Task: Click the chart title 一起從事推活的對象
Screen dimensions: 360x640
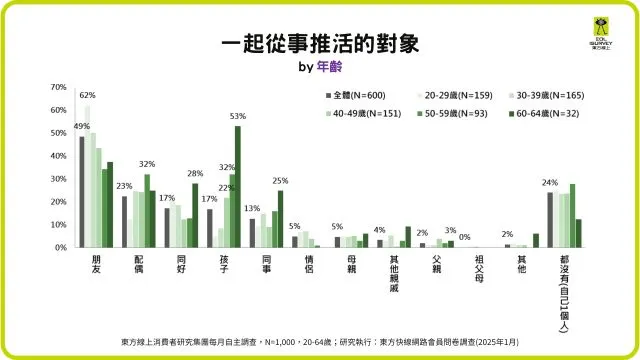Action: tap(319, 44)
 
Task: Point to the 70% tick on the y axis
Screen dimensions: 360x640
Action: tap(58, 87)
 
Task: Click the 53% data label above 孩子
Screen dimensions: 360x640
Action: tap(238, 116)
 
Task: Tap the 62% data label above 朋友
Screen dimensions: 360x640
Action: tap(87, 95)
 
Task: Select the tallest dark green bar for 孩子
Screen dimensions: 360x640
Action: tap(238, 186)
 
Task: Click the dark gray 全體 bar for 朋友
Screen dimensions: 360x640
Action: tap(82, 191)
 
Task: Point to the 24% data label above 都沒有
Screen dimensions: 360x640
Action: tap(549, 182)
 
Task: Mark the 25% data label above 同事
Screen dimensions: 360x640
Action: tap(281, 180)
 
